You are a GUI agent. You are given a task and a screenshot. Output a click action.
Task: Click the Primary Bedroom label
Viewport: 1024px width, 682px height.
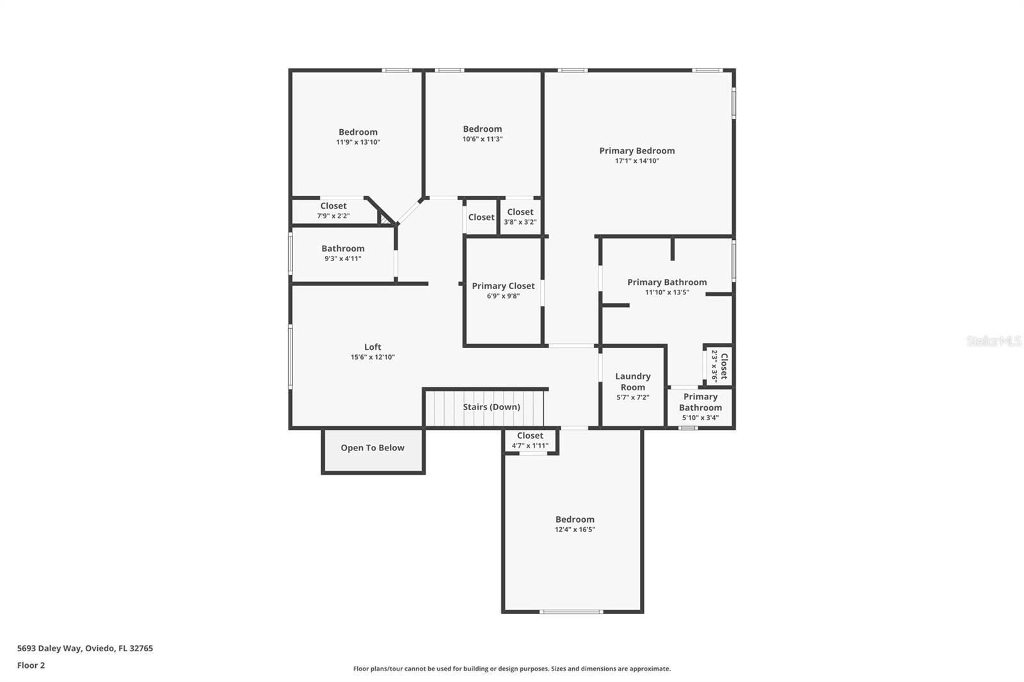[637, 151]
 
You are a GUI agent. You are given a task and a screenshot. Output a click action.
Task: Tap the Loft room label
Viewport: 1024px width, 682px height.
[372, 347]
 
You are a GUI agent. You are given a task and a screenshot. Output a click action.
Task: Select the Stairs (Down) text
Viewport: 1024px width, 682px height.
[492, 407]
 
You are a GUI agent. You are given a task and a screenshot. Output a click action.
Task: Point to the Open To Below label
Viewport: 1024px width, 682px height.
[372, 448]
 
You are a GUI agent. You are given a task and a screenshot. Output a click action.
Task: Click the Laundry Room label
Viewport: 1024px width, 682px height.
[632, 382]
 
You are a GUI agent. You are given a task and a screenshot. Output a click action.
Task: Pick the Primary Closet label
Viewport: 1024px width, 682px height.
[503, 286]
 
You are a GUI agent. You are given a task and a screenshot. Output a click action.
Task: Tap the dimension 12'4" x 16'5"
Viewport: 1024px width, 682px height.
[575, 530]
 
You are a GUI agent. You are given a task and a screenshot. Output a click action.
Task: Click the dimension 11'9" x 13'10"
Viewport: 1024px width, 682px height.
[358, 142]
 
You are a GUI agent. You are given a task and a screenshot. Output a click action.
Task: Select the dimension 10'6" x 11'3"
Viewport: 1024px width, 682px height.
[483, 139]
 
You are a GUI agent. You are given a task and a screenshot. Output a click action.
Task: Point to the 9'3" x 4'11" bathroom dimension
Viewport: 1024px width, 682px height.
[343, 258]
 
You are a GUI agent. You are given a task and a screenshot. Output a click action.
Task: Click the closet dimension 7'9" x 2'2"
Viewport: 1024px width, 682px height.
[333, 216]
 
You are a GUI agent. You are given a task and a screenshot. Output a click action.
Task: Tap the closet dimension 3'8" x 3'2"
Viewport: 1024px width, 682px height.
[520, 222]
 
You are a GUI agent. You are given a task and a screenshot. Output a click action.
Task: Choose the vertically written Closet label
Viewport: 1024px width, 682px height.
[724, 367]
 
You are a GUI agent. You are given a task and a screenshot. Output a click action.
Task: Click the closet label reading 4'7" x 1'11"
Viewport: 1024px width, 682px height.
[530, 446]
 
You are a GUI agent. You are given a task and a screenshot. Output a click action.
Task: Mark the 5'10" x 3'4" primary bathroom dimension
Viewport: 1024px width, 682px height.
[700, 418]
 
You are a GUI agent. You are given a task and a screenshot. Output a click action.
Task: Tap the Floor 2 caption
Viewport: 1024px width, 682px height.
[31, 665]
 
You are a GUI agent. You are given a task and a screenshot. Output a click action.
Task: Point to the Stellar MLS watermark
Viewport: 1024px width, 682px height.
[994, 341]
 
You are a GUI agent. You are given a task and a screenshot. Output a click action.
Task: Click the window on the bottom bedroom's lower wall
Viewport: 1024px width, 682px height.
[571, 612]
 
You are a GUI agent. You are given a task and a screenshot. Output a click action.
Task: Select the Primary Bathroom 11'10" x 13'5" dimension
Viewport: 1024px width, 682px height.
[667, 292]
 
